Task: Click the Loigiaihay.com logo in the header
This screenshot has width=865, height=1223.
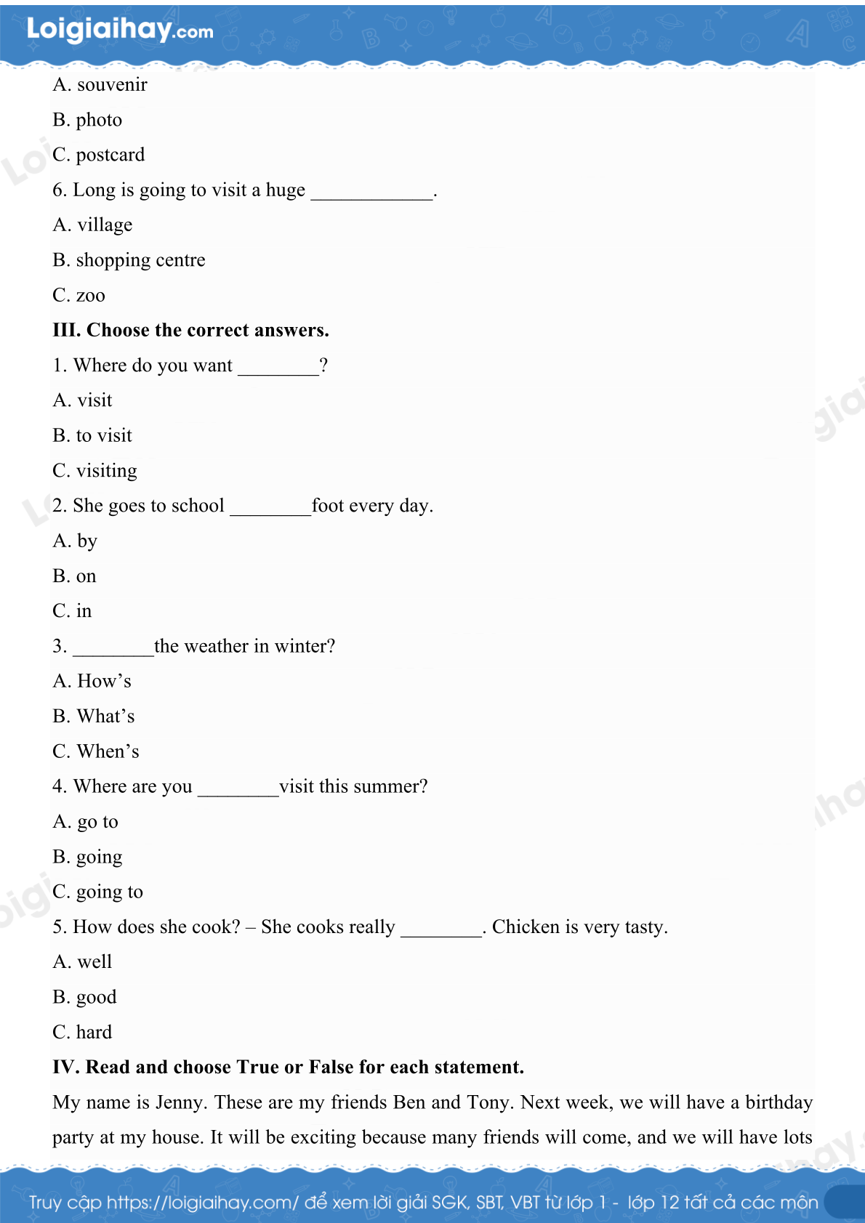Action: click(x=120, y=30)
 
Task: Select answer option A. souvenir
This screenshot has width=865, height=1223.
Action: click(x=100, y=85)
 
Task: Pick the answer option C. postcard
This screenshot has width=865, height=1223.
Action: click(x=98, y=155)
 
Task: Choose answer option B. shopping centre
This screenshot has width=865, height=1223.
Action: click(x=129, y=260)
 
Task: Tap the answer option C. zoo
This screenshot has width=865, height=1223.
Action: click(x=79, y=296)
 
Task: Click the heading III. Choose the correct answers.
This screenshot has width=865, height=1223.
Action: click(x=190, y=331)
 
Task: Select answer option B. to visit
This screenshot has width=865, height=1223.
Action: click(x=92, y=436)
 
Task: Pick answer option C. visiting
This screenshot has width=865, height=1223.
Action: click(x=94, y=471)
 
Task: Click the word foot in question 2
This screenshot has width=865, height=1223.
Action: click(x=328, y=506)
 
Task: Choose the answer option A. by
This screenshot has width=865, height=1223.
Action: click(x=75, y=541)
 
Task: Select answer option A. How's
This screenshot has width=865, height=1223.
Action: click(x=92, y=682)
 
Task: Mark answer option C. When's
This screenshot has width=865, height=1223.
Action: click(x=95, y=751)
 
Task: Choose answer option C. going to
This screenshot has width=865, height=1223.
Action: click(x=97, y=892)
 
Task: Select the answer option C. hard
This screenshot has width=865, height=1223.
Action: click(x=82, y=1033)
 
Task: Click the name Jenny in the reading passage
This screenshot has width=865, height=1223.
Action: click(x=182, y=1102)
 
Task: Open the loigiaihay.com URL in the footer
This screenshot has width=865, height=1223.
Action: click(x=203, y=1203)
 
